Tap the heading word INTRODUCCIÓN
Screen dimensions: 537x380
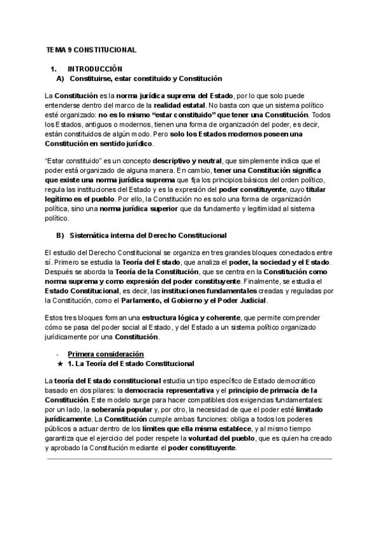pyautogui.click(x=94, y=68)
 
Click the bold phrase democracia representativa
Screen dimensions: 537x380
pyautogui.click(x=165, y=391)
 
